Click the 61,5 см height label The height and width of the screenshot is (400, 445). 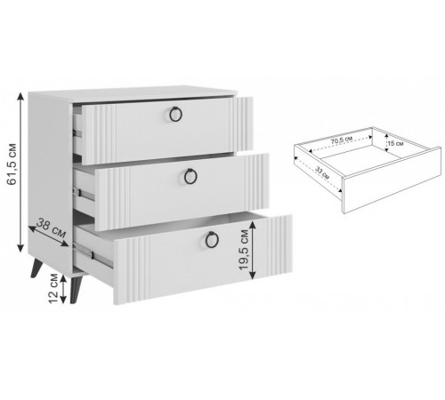point(12,164)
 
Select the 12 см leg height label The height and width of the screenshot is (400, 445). point(53,288)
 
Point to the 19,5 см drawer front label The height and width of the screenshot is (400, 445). point(244,250)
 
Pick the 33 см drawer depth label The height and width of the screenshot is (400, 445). point(322,172)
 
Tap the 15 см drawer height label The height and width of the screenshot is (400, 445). point(395,144)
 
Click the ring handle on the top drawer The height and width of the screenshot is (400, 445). point(175,114)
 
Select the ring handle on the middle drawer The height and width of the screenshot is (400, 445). point(190,176)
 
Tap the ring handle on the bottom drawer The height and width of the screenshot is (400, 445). point(212,239)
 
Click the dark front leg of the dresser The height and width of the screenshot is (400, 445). point(75,290)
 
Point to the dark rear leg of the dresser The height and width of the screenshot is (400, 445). point(36,268)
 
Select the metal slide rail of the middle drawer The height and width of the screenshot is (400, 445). point(84,194)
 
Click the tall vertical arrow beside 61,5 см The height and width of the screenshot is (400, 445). point(20,172)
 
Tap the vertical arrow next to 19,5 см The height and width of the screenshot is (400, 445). point(253,250)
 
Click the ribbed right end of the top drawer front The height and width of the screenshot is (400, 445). point(241,124)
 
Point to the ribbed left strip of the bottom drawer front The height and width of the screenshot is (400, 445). point(132,269)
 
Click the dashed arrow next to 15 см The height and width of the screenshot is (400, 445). point(386,142)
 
